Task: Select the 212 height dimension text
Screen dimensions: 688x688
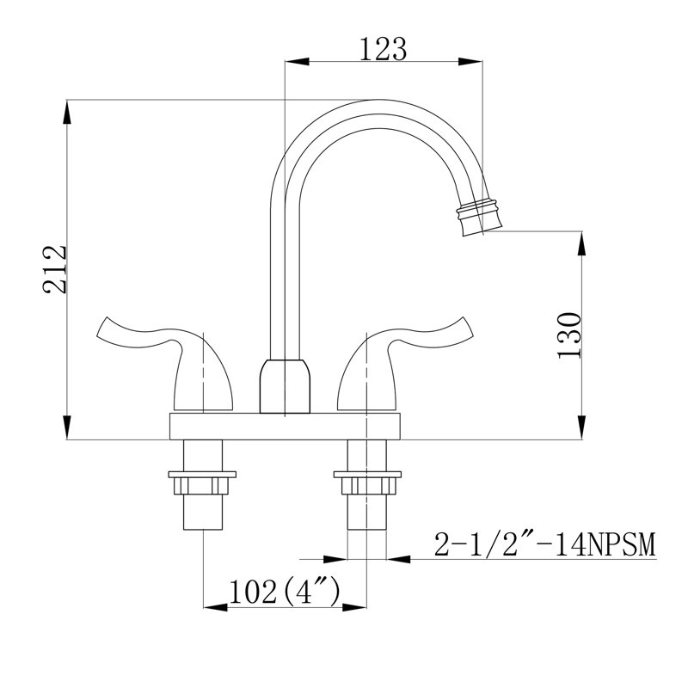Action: point(55,270)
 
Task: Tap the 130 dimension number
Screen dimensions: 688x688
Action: point(571,335)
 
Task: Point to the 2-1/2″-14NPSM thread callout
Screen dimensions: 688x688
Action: point(544,544)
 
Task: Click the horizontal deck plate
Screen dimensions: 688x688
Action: point(286,425)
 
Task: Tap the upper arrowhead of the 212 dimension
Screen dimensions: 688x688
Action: point(67,108)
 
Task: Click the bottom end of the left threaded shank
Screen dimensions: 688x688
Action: point(202,526)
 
